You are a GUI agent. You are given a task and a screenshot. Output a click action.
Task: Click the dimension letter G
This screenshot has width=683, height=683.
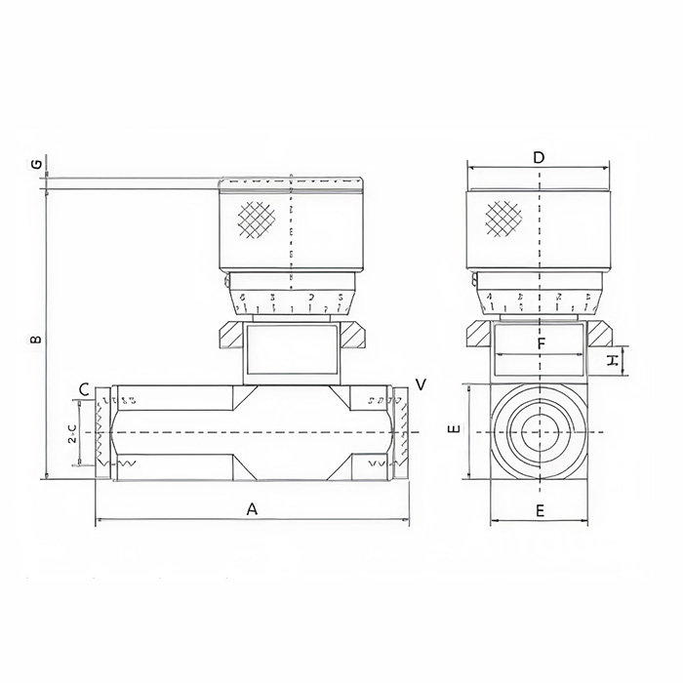[x=36, y=163]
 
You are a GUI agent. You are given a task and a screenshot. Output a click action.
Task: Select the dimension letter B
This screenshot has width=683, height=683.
[x=36, y=340]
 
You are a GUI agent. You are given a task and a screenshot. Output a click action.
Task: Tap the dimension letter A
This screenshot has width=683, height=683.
[x=252, y=509]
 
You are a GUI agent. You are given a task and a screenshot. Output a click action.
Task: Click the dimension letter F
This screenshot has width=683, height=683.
[x=540, y=343]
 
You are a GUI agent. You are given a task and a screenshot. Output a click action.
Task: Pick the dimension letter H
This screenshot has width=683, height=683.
[x=612, y=361]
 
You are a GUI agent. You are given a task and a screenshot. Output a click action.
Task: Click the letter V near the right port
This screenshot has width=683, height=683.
[x=421, y=384]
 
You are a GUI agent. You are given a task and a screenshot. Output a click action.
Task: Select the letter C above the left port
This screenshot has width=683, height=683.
[x=84, y=389]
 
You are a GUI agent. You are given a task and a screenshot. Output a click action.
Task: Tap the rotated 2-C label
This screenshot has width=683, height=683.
[x=73, y=434]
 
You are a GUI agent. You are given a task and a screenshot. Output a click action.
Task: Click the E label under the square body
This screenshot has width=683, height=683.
[x=540, y=509]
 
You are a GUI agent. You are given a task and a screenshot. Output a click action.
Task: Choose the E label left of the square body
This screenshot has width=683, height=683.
[x=452, y=430]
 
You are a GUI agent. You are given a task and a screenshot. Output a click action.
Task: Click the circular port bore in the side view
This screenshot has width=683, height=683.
[x=539, y=431]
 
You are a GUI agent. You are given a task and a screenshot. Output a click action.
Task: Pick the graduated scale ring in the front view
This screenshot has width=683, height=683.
[x=291, y=299]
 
